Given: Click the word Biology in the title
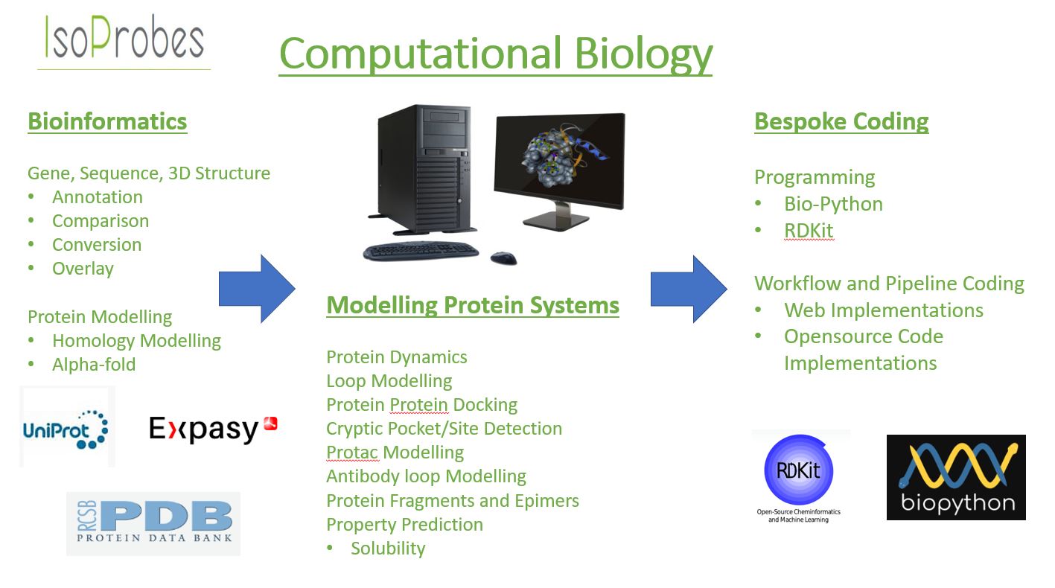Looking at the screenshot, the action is click(643, 54).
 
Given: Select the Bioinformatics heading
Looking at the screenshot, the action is click(107, 121).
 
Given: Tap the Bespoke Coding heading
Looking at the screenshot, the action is click(841, 121).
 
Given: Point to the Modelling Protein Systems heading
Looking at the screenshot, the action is click(473, 305).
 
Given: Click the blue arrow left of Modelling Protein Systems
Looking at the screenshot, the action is click(257, 289).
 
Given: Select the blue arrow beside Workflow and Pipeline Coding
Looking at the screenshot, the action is click(689, 289).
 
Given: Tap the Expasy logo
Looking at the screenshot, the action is click(214, 429).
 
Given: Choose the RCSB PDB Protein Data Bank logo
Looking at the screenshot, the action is click(153, 523).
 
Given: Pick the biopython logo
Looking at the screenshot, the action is click(956, 477).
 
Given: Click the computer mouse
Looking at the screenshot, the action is click(503, 258).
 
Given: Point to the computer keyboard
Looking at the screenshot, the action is click(421, 250).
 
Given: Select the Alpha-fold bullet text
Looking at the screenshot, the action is click(94, 365).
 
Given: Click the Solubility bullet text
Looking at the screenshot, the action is click(388, 549).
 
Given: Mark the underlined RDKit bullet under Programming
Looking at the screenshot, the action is click(809, 231).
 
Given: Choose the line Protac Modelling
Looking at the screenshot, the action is click(395, 453).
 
